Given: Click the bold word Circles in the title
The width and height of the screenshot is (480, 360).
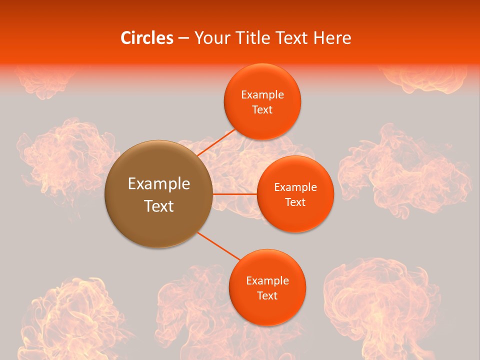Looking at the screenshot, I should coord(147,38).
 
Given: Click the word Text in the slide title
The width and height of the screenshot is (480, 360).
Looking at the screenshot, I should coord(291,38).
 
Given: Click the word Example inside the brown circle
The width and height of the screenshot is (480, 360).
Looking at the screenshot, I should coord(158,184).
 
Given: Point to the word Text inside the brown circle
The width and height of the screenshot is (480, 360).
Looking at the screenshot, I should coord(158,206).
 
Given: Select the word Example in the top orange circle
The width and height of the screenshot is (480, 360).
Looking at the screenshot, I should coord(262,95).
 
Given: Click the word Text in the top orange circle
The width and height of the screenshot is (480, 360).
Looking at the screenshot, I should coord(262,110).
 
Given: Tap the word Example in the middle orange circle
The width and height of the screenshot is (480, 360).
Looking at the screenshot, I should coord(295,187).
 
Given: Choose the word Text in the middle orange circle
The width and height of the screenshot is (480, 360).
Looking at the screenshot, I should coord(295,202).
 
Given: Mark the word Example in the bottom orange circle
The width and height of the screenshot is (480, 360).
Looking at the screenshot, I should coord(267,281).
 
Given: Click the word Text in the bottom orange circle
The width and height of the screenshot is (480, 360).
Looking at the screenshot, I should coord(267,296).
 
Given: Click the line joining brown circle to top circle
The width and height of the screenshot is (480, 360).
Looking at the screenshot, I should coord(216,142).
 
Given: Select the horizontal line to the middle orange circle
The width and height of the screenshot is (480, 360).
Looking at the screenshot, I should coord(234,193).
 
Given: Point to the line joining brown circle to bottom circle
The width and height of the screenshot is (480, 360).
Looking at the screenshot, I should coord(219,246).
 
